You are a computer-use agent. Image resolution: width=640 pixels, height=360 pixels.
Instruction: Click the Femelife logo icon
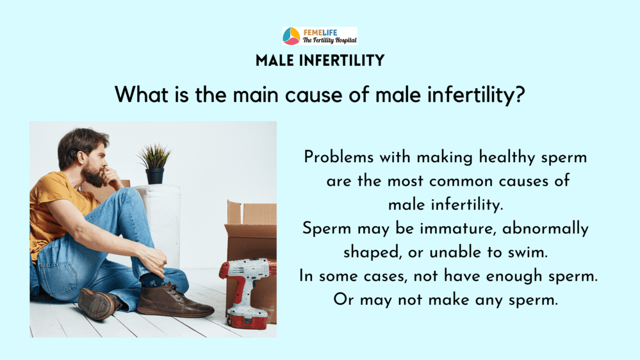291,36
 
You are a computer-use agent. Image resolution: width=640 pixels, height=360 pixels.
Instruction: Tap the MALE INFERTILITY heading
320,60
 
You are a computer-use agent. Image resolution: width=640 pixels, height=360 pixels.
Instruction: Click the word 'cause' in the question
314,95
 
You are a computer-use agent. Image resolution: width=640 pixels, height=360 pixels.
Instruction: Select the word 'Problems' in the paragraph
338,157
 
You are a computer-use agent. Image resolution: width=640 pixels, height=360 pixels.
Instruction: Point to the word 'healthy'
507,158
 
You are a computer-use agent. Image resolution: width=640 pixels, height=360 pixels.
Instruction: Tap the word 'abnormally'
545,229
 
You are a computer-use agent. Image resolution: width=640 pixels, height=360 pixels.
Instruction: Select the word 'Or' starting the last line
343,300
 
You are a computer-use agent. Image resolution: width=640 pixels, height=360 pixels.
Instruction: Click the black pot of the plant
154,176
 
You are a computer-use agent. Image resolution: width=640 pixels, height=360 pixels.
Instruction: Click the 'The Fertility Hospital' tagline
329,40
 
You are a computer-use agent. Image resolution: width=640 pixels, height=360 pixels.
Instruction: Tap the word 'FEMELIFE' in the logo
320,32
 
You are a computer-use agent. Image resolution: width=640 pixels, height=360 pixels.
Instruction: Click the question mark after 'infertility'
520,95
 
